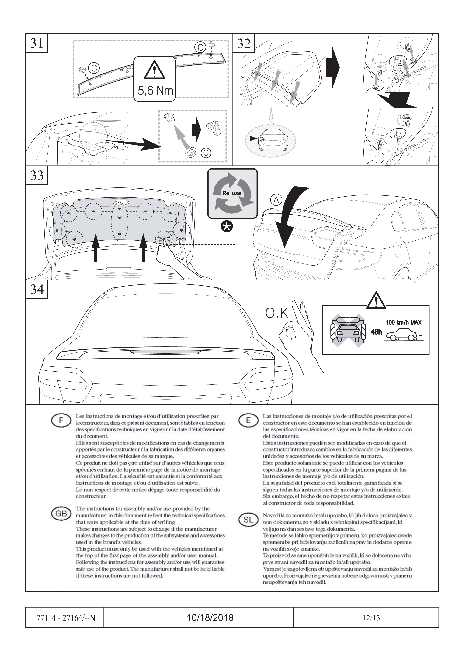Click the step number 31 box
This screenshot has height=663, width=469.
click(x=37, y=43)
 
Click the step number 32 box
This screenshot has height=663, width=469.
click(x=244, y=43)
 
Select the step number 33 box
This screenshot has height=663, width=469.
click(x=37, y=176)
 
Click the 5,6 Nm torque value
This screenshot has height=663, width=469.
click(x=155, y=91)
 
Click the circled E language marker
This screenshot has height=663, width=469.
click(x=248, y=421)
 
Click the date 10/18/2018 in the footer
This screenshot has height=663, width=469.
click(x=210, y=617)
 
